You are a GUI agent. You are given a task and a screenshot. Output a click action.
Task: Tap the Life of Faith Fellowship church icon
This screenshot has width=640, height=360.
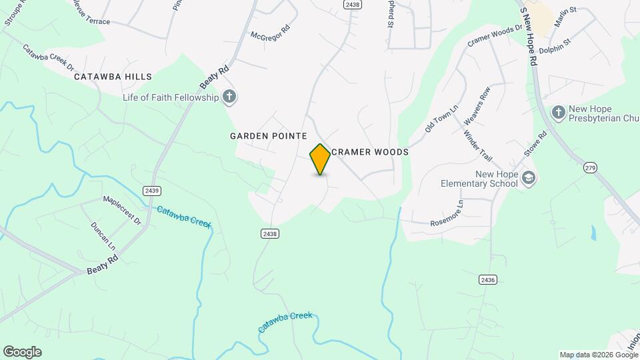tap(229, 97)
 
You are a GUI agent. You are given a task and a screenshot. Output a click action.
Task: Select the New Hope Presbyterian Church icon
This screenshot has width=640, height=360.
tap(559, 111)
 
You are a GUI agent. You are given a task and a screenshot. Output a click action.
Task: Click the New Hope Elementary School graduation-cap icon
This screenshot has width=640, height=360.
tap(529, 178)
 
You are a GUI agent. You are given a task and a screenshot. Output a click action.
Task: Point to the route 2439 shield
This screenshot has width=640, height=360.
tap(151, 191)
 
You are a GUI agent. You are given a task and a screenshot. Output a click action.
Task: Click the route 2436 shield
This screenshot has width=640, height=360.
tap(487, 280)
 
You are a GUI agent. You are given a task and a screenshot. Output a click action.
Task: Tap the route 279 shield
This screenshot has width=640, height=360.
tap(590, 168)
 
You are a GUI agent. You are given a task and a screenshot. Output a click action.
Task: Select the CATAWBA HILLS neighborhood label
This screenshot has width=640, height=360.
tap(113, 77)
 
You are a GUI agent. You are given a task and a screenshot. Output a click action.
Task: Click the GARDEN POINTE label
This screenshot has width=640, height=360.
tap(269, 136)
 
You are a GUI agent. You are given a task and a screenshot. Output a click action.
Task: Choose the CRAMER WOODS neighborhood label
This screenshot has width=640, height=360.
tap(369, 152)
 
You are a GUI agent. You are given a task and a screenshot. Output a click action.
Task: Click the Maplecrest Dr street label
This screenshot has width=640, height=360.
tap(122, 209)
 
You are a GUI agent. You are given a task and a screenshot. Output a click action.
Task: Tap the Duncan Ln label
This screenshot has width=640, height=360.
tap(103, 235)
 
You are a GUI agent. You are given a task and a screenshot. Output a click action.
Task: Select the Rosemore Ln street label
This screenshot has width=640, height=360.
tap(447, 214)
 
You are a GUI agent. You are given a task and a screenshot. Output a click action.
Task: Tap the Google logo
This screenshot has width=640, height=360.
tap(22, 352)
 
